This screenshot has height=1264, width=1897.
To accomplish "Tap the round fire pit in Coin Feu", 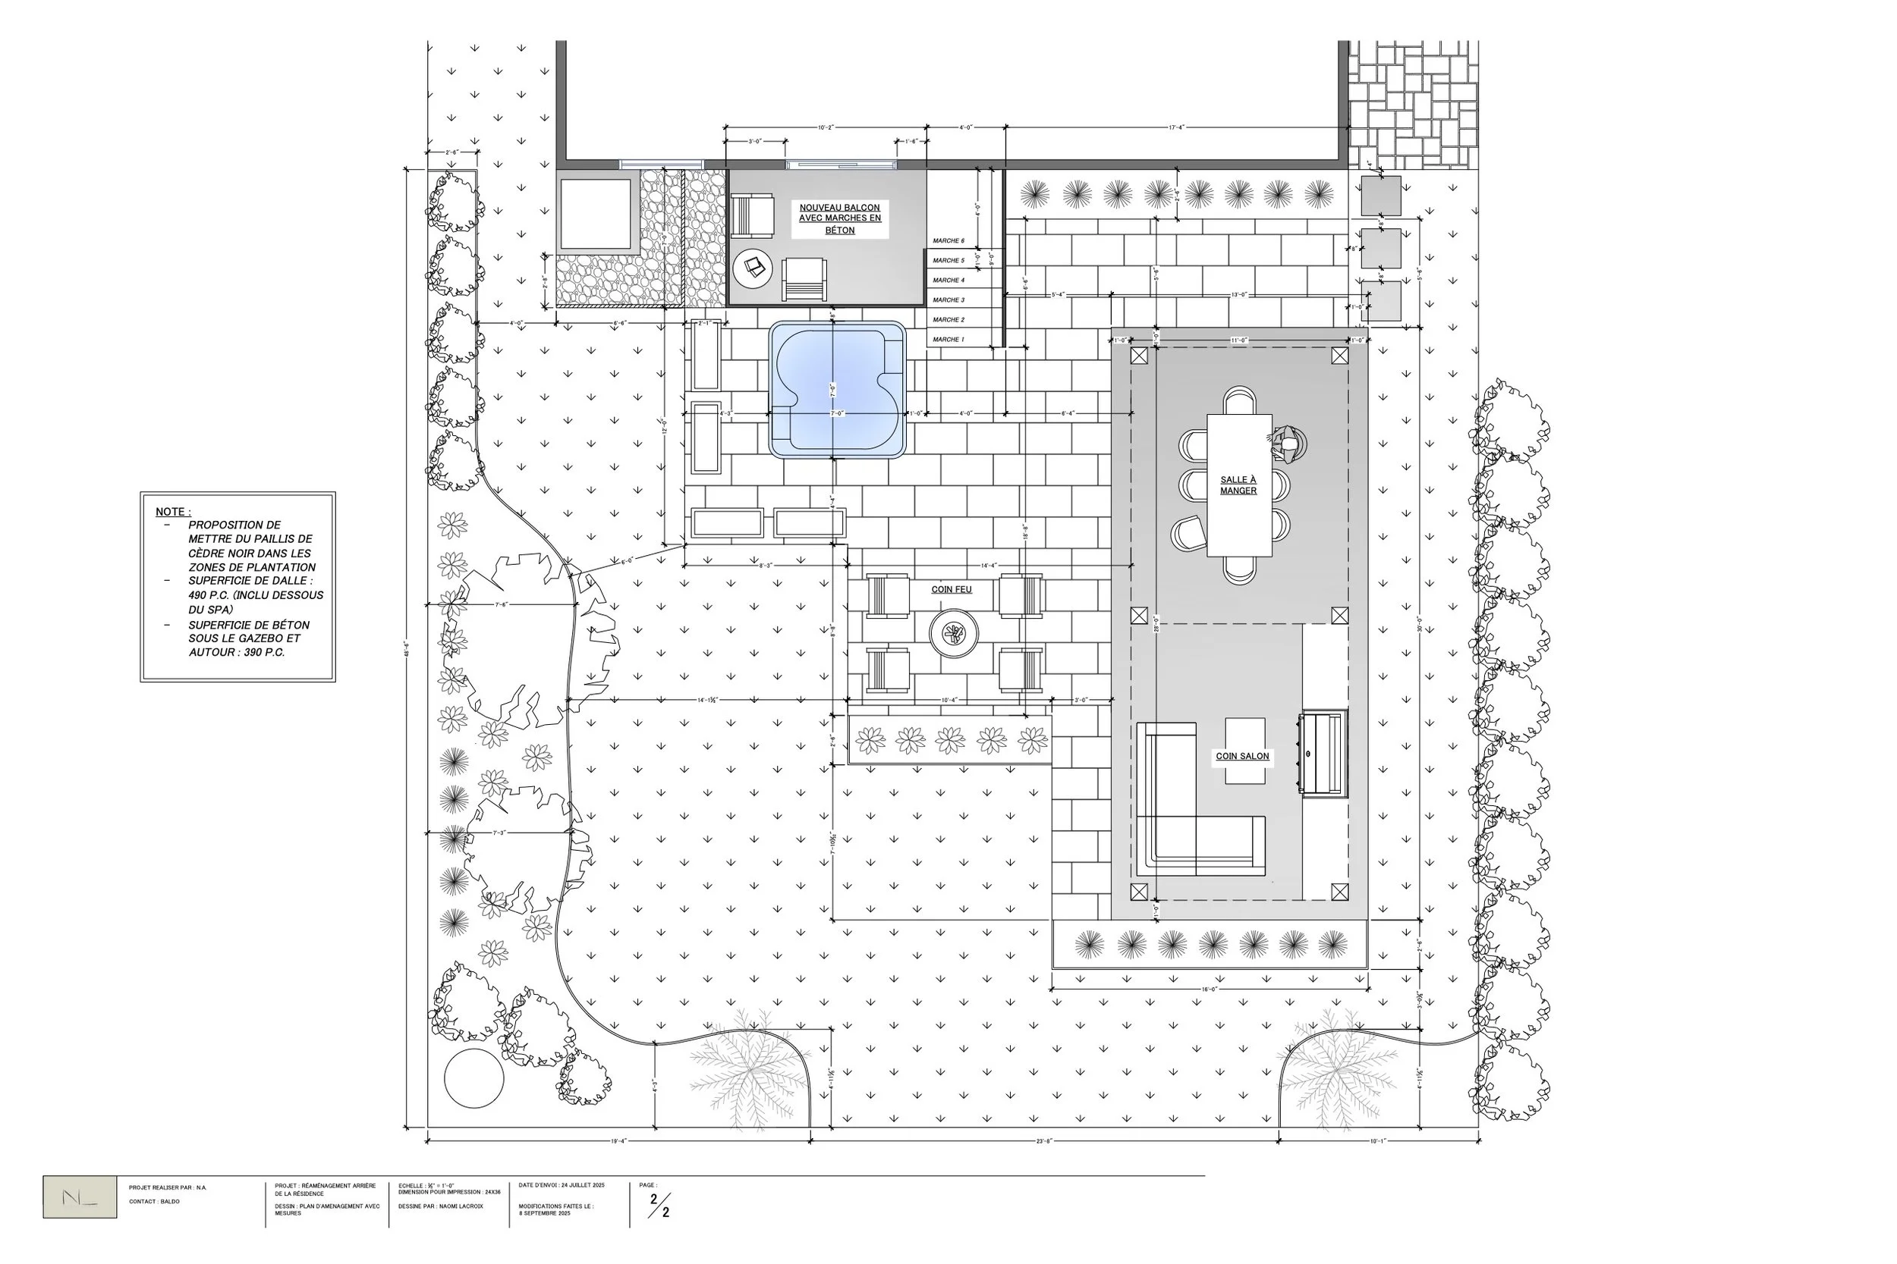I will (x=953, y=634).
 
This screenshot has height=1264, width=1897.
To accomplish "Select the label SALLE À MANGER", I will (x=1238, y=485).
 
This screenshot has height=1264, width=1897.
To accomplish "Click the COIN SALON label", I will (x=1242, y=756).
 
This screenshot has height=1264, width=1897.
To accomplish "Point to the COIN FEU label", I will (x=952, y=589).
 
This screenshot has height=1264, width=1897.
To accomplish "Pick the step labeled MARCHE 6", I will (x=948, y=241).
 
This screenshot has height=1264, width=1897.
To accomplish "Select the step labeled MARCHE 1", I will (x=948, y=340).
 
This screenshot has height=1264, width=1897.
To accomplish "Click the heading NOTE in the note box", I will (x=172, y=512).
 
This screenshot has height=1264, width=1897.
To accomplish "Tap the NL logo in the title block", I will (x=80, y=1197).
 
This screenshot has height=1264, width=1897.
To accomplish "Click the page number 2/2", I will (x=659, y=1205).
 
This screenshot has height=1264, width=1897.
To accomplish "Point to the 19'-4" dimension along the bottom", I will (x=618, y=1140).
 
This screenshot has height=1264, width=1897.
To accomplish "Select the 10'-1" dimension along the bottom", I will (x=1377, y=1140).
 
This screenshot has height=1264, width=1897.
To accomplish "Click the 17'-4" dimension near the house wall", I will (x=1176, y=127).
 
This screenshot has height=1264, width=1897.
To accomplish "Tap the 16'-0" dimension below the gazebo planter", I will (x=1209, y=989).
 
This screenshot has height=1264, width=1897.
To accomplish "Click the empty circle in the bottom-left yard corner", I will (x=474, y=1078).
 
